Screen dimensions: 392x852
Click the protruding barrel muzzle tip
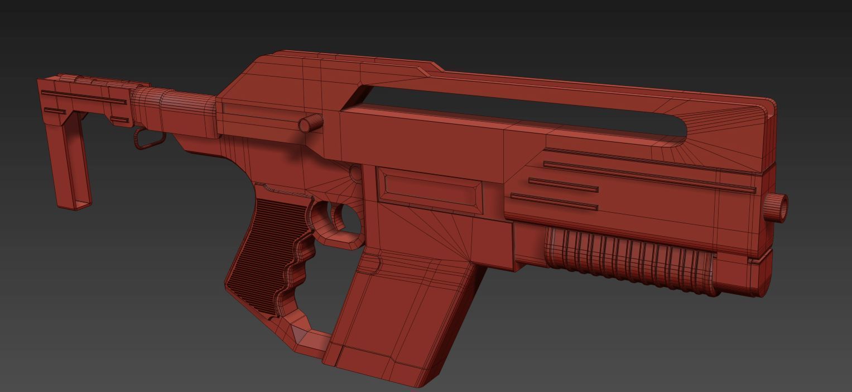tap(776, 207)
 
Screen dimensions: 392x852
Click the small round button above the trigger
tap(355, 173)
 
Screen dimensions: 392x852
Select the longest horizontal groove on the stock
tap(84, 97)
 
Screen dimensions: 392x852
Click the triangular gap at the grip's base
tap(301, 335)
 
